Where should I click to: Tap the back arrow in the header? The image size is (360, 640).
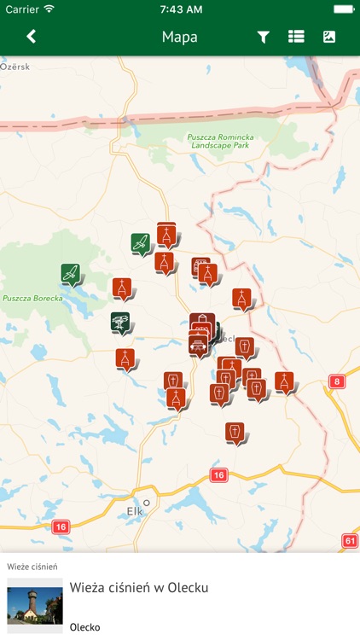coord(32,37)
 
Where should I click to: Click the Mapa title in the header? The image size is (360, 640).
coord(180,37)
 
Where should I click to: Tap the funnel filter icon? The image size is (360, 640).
coord(264,37)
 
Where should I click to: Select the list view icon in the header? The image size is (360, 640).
coord(296,37)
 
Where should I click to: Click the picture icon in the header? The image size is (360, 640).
coord(329,37)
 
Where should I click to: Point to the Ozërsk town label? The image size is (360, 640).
coord(15,66)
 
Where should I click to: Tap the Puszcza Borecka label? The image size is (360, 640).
coord(28,299)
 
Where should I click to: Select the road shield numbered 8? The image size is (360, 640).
coord(337,381)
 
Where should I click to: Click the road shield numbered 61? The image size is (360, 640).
coord(350,540)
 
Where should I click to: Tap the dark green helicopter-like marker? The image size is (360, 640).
coord(120,323)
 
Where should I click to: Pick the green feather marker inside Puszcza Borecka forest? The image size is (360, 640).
coord(72,274)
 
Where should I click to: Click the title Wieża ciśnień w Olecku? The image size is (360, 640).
coord(139,587)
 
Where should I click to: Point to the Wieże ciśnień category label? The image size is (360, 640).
coord(32,566)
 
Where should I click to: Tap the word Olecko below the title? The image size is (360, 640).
coord(85,627)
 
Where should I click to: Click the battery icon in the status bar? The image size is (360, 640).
coord(343,9)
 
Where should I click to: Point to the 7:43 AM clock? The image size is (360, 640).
coord(180,9)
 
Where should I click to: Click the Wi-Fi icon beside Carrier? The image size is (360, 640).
coord(49,9)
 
